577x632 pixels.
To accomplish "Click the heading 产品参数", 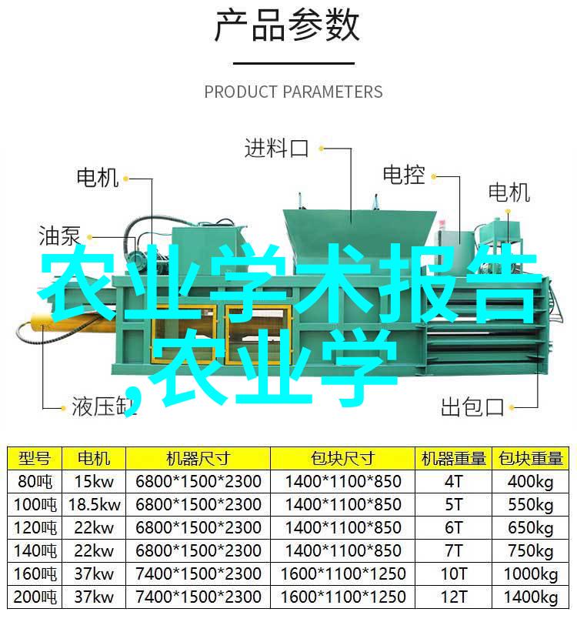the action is click(286, 26).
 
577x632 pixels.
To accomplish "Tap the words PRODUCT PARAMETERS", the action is click(293, 92).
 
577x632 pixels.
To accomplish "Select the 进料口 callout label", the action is click(277, 148).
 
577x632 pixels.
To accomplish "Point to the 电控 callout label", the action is click(404, 175).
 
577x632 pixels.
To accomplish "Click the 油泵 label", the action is click(60, 236).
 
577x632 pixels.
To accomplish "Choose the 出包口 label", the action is click(472, 406).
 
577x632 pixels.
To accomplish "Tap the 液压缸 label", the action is click(104, 406).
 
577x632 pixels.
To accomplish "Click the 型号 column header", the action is click(35, 458).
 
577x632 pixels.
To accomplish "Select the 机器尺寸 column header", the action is click(198, 458).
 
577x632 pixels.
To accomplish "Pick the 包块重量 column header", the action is click(530, 458).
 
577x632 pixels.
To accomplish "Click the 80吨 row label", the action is click(35, 481).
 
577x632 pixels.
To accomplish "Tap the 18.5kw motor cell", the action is click(95, 504).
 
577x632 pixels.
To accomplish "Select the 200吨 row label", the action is click(35, 597).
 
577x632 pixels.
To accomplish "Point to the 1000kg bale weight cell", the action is click(531, 574).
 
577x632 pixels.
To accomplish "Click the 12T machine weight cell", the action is click(454, 597).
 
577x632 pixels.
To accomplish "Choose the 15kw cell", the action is click(95, 481).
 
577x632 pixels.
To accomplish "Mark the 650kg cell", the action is click(531, 527).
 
